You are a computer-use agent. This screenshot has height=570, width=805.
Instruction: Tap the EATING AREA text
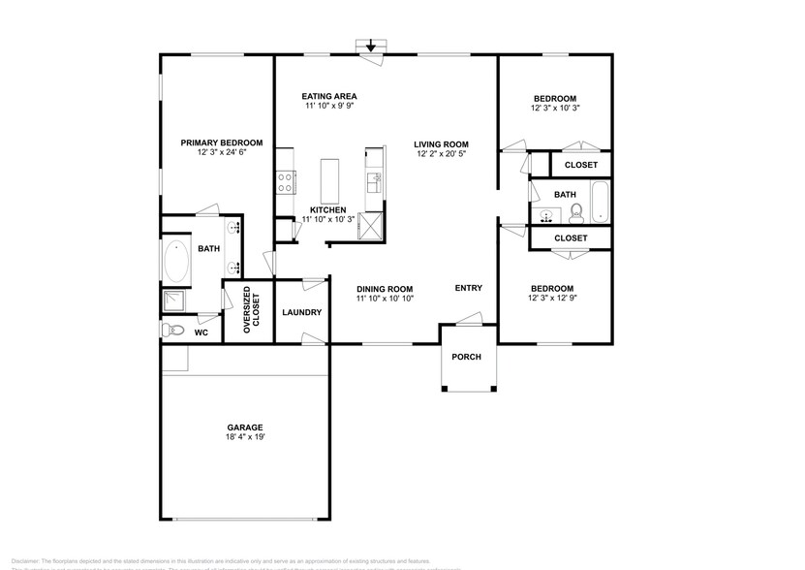pos(329,96)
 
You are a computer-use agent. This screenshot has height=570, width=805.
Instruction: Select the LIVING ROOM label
pos(442,143)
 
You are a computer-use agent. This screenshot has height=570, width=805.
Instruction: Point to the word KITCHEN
pos(327,209)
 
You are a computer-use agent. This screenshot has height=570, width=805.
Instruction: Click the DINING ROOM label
pos(385,289)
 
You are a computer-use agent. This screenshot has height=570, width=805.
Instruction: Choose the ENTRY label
pos(469,288)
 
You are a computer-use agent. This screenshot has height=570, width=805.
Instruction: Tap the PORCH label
pos(467,356)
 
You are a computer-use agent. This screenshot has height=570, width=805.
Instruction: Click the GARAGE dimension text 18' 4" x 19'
pos(245,437)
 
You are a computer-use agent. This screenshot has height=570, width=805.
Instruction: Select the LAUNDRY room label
pos(301,312)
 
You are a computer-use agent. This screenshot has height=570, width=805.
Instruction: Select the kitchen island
pos(330,178)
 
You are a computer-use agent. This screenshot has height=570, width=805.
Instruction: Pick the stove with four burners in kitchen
pos(286,182)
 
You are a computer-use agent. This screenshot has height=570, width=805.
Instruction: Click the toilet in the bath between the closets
pos(575,210)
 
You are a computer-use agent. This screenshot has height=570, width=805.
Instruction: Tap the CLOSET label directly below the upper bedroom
pos(580,165)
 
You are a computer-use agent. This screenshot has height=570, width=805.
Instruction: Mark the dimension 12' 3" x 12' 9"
pos(552,299)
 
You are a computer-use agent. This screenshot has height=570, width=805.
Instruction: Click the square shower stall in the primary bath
pos(175,300)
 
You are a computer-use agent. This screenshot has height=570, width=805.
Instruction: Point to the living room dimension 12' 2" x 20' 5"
pos(442,153)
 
